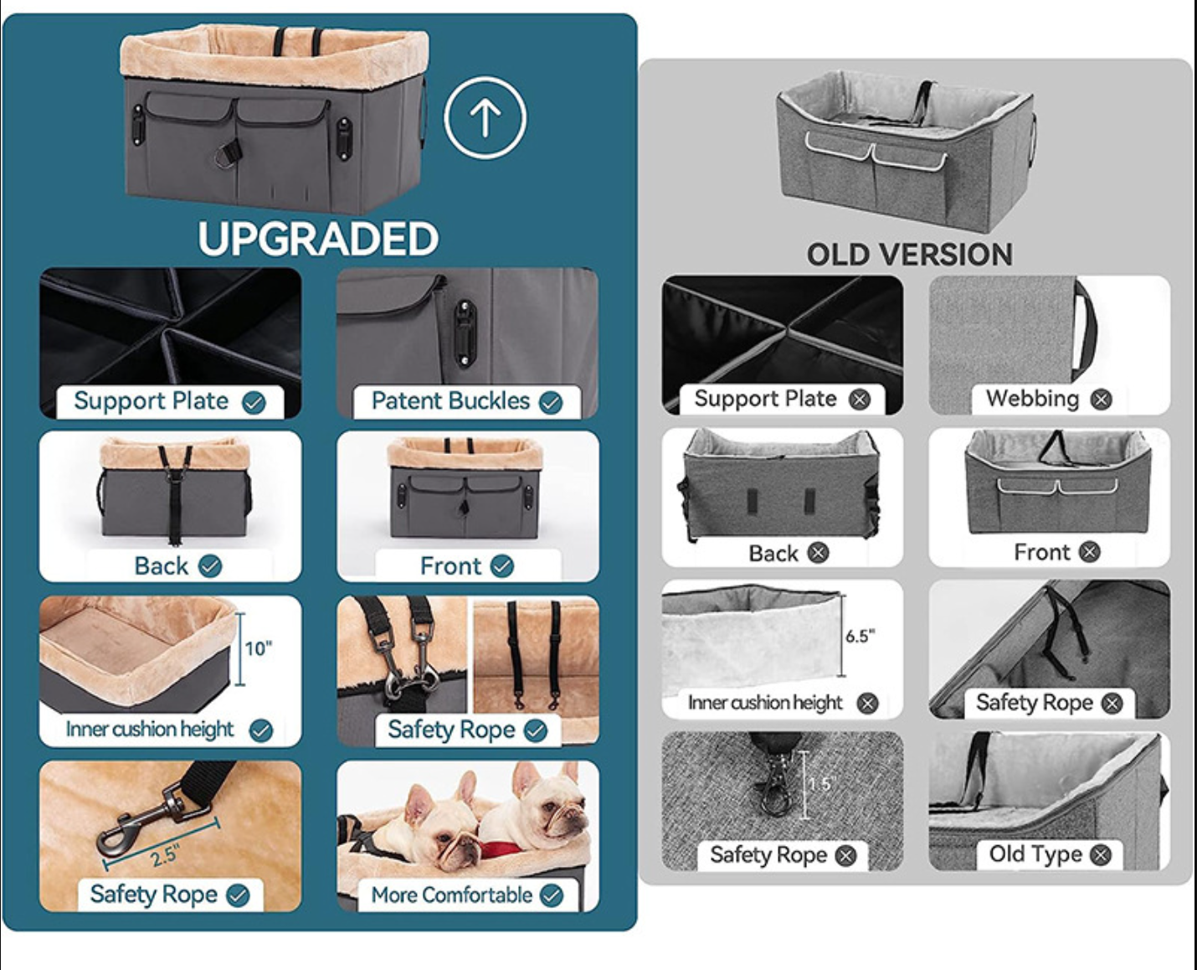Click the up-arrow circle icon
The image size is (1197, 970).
pos(485,117)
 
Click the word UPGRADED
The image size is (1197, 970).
pos(318,239)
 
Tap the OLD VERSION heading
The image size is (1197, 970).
pos(910,255)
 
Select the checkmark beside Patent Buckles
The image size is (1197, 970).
pos(551,403)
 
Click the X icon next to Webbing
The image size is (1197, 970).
pos(1101,400)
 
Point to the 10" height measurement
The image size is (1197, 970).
pos(259,648)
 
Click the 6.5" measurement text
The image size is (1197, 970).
pos(861,637)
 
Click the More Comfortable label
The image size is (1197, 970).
pos(452,895)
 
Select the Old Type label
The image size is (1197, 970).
pos(1035,854)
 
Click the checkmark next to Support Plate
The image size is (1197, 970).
pos(254,403)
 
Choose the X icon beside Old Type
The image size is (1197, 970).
pos(1101,855)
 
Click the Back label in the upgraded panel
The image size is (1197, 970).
pos(162,566)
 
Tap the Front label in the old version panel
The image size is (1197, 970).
pos(1042,552)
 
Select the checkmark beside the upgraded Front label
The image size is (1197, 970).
pos(502,566)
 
